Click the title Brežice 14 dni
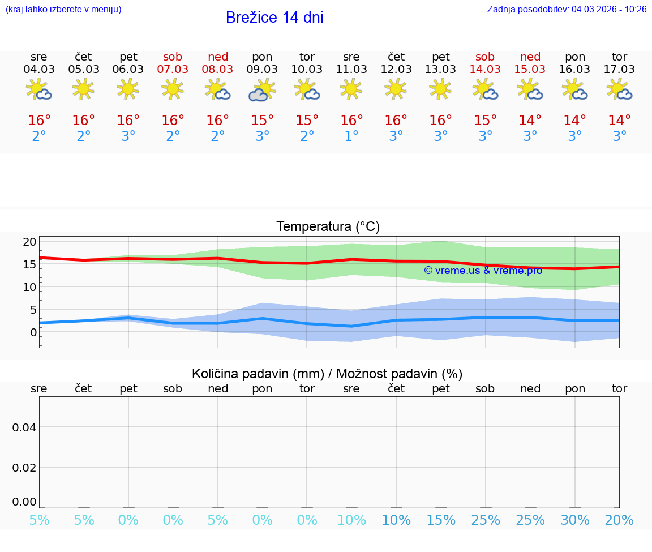274,18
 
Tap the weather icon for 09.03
262,90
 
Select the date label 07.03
173,69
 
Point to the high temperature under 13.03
441,120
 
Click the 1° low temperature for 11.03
351,136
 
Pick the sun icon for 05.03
84,89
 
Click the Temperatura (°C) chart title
328,226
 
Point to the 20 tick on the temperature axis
29,242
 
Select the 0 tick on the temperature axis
33,332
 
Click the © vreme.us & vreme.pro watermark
483,270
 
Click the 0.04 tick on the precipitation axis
24,427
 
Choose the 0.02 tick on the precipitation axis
24,467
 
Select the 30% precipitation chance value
575,520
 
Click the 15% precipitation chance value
441,520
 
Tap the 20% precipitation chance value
619,520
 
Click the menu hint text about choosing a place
63,9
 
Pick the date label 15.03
530,69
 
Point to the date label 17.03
619,69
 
